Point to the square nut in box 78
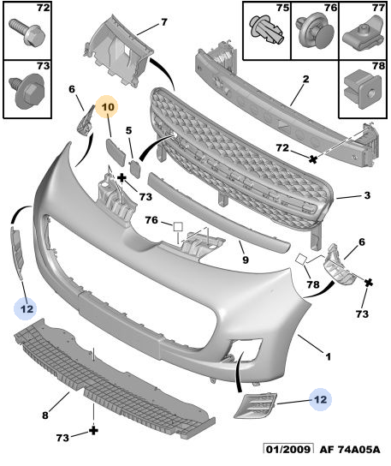361,86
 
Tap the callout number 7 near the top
163,21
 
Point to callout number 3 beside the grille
366,196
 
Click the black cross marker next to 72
314,158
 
